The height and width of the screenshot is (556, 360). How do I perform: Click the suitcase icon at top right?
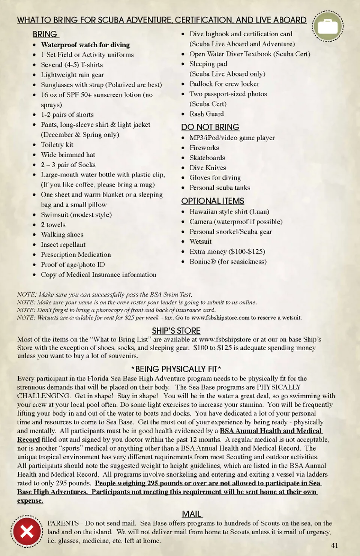tap(328, 26)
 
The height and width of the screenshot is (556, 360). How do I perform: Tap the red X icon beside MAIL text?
tap(27, 531)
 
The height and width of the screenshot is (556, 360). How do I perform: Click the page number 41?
tap(334, 545)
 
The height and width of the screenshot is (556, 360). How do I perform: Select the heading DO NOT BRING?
tap(210, 127)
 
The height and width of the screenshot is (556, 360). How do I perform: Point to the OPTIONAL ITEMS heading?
tap(213, 201)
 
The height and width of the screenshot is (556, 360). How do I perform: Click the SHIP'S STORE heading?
tap(176, 331)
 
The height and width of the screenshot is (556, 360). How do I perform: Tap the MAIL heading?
tap(192, 514)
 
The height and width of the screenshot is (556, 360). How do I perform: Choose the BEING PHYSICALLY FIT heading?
tap(176, 369)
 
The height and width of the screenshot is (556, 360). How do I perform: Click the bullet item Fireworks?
tap(204, 148)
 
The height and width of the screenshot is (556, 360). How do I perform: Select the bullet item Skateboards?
tap(207, 158)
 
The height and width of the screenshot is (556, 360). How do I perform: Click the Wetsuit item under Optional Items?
tap(200, 241)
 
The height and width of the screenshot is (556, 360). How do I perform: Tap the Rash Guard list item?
tap(206, 114)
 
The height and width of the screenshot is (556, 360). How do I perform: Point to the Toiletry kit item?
tap(57, 145)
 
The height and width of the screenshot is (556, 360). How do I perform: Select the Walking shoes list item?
tap(62, 235)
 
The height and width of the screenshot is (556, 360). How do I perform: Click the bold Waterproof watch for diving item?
tap(85, 45)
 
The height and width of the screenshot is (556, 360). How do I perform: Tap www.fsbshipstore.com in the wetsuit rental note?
tap(220, 318)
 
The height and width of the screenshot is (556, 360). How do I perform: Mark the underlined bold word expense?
tap(30, 501)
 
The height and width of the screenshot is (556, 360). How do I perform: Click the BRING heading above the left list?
tap(45, 34)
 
